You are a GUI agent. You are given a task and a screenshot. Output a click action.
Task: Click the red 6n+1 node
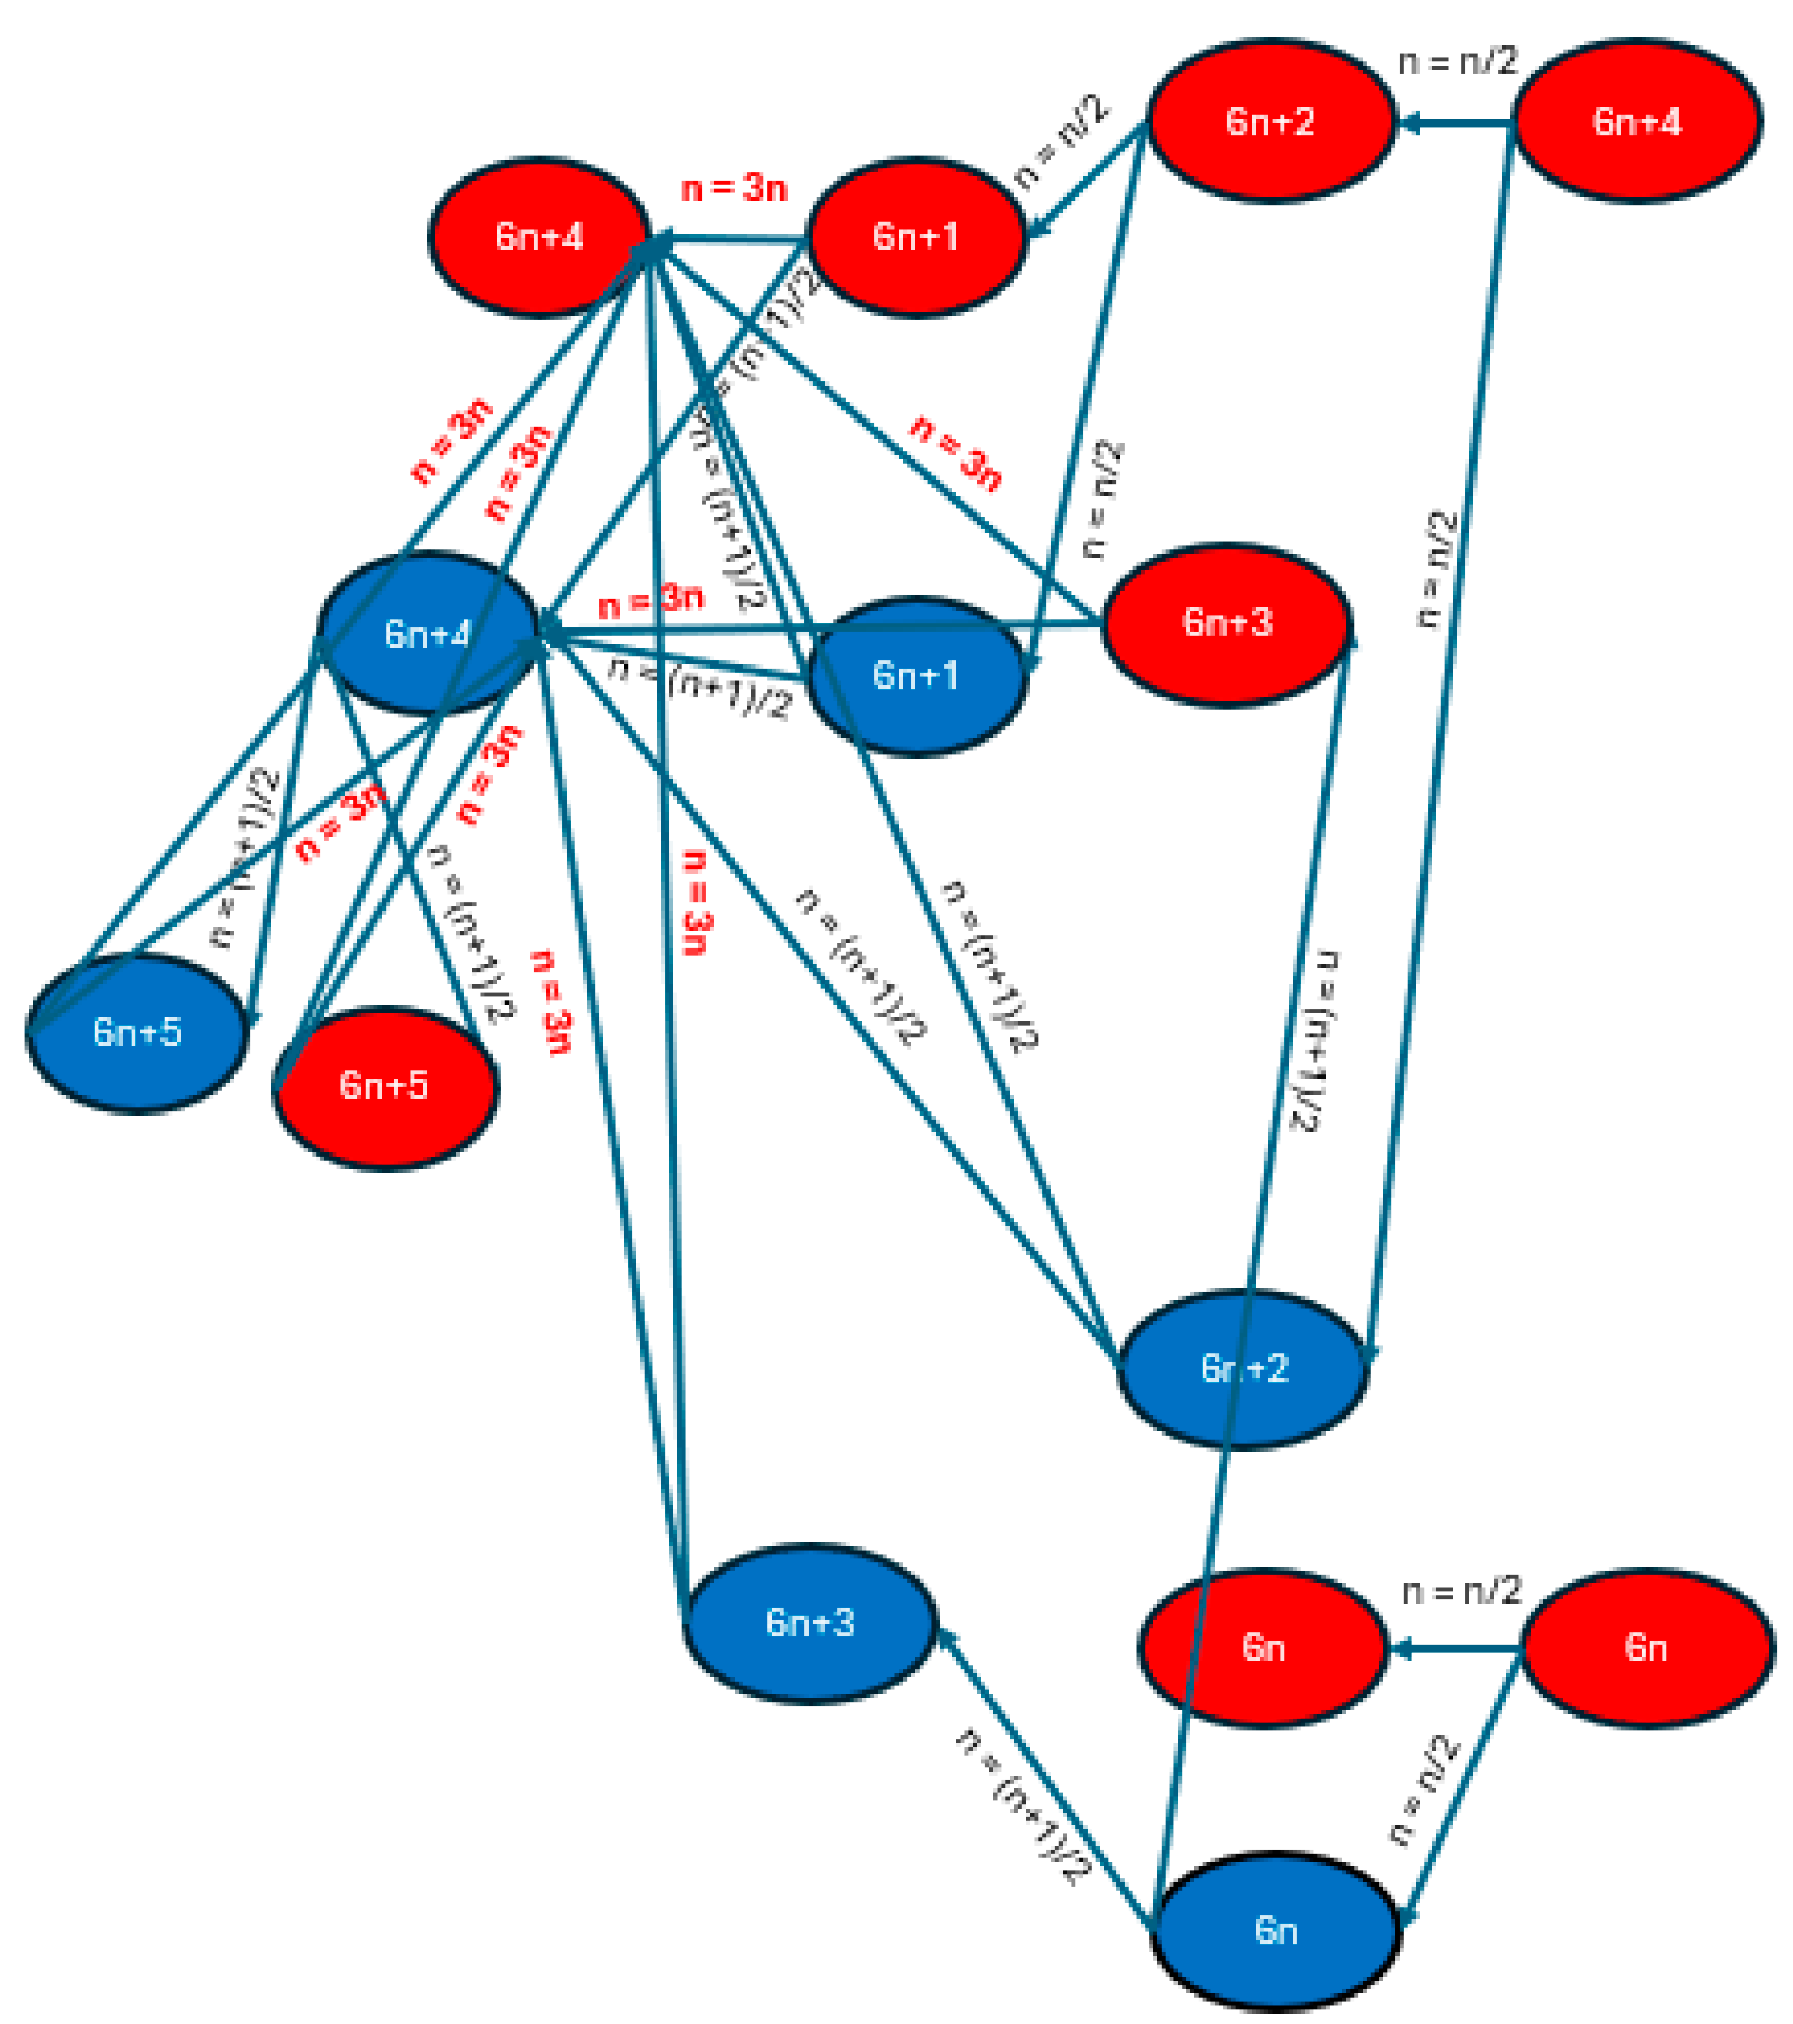click(x=915, y=238)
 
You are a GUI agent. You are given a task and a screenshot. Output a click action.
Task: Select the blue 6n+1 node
click(x=915, y=676)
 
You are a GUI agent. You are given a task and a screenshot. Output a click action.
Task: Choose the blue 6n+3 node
click(x=809, y=1622)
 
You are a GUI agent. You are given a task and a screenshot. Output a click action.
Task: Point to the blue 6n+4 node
click(x=426, y=634)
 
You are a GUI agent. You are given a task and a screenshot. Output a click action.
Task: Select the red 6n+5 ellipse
click(x=384, y=1086)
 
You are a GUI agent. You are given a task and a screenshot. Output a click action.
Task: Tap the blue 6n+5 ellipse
click(x=137, y=1032)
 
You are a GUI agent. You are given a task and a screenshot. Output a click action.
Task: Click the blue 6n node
click(x=1275, y=1930)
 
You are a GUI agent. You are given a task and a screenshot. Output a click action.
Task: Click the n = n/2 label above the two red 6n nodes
click(x=1460, y=1591)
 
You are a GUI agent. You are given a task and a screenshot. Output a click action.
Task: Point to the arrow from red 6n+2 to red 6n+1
click(x=1088, y=178)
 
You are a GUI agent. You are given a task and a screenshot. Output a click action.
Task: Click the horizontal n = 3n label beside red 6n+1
click(x=734, y=188)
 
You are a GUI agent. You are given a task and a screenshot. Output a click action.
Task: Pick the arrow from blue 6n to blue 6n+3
click(x=1045, y=1777)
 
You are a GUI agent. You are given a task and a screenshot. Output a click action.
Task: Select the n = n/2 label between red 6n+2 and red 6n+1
click(x=1060, y=141)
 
